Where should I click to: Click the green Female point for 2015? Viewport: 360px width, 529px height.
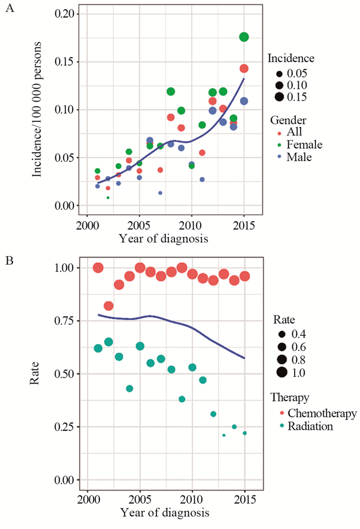(244, 37)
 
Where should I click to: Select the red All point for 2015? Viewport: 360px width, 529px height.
(244, 68)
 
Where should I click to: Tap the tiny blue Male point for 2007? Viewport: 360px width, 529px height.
(160, 193)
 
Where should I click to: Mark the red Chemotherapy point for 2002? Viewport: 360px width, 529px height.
(109, 306)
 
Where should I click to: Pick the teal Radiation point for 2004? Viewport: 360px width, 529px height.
(130, 388)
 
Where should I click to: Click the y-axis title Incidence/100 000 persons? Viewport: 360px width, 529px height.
(38, 109)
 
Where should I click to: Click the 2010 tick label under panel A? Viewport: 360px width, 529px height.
(192, 227)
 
